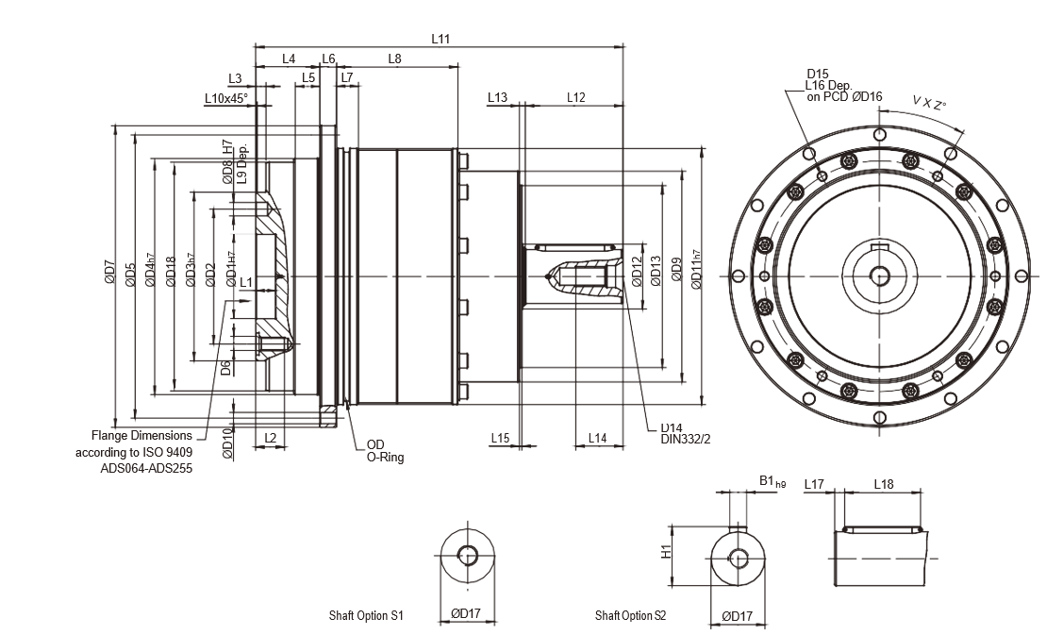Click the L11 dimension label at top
pyautogui.click(x=440, y=39)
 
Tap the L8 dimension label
pyautogui.click(x=394, y=58)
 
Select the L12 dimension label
pyautogui.click(x=576, y=97)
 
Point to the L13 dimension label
pyautogui.click(x=498, y=97)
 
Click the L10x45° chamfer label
pyautogui.click(x=226, y=97)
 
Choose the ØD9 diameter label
pyautogui.click(x=675, y=275)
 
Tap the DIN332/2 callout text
pyautogui.click(x=684, y=439)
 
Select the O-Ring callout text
pyautogui.click(x=385, y=457)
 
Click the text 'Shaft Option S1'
pyautogui.click(x=366, y=616)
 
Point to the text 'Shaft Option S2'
pyautogui.click(x=630, y=616)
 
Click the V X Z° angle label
pyautogui.click(x=928, y=102)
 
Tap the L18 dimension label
pyautogui.click(x=884, y=484)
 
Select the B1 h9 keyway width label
pyautogui.click(x=772, y=482)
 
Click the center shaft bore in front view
pyautogui.click(x=880, y=276)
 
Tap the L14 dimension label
pyautogui.click(x=597, y=438)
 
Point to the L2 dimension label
pyautogui.click(x=270, y=438)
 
